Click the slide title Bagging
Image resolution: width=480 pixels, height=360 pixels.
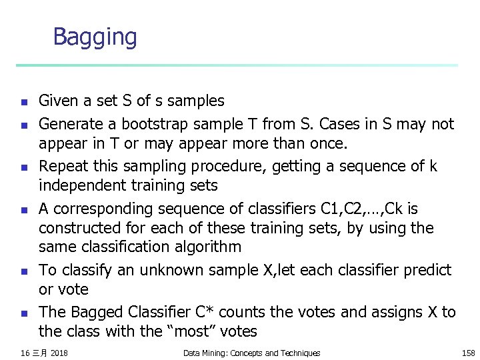coord(95,37)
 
